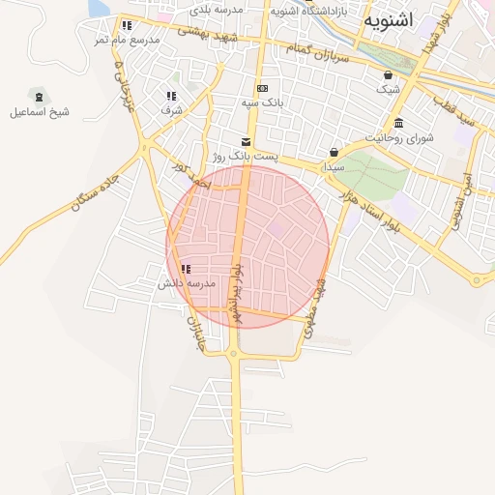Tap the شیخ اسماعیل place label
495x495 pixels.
[40, 112]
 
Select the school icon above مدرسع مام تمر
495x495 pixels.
[127, 26]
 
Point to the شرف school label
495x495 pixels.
[171, 110]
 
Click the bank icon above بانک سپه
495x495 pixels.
[261, 88]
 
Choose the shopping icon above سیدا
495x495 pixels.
[334, 152]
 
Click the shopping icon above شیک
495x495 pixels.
[388, 75]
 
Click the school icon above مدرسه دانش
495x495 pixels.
[185, 269]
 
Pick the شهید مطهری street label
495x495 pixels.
[316, 308]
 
